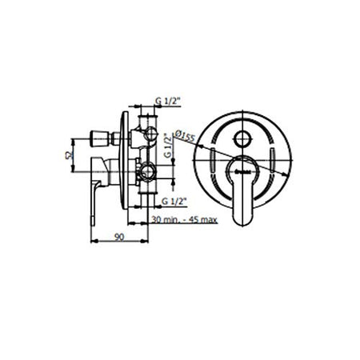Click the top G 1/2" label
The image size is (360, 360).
click(169, 100)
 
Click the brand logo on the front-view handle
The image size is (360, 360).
click(243, 170)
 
